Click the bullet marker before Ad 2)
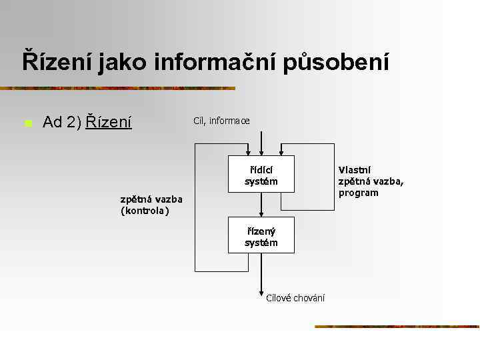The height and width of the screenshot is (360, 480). pyautogui.click(x=28, y=123)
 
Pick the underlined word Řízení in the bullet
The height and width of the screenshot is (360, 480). pyautogui.click(x=109, y=122)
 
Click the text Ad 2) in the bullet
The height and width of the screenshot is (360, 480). pyautogui.click(x=61, y=122)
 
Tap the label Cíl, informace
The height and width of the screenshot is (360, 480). pyautogui.click(x=221, y=121)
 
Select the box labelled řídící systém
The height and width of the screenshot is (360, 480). pyautogui.click(x=261, y=175)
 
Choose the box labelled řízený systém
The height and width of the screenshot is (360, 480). pyautogui.click(x=261, y=235)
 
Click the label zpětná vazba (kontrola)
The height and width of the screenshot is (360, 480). pyautogui.click(x=151, y=205)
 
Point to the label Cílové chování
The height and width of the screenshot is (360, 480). pyautogui.click(x=295, y=298)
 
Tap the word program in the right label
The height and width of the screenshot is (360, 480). pyautogui.click(x=358, y=193)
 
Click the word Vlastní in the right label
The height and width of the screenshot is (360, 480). pyautogui.click(x=355, y=170)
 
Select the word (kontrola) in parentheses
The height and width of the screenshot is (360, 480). pyautogui.click(x=145, y=211)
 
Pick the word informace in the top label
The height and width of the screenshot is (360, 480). pyautogui.click(x=230, y=121)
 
